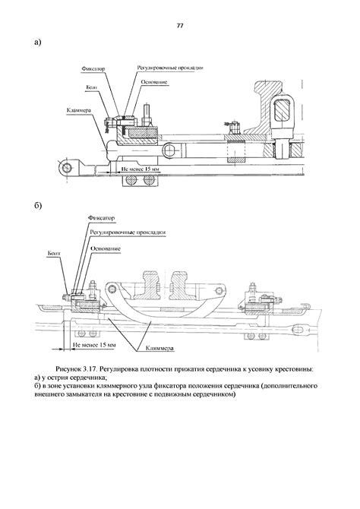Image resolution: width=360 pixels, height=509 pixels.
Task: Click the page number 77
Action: coord(180,26)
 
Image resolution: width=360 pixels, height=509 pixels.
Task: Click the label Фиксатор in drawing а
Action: coord(93,69)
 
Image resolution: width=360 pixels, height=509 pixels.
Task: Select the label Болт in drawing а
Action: coord(92,87)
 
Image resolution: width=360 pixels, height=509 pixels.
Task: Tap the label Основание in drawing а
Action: coord(154,82)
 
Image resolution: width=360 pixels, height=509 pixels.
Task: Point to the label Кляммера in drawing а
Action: coord(78,110)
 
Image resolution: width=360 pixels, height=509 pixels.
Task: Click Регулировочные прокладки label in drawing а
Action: coord(170,68)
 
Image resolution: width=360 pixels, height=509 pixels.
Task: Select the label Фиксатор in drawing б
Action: coord(101,218)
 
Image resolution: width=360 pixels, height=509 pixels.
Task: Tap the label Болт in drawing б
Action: coord(54,253)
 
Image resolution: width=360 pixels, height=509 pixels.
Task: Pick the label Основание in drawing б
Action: coord(106,248)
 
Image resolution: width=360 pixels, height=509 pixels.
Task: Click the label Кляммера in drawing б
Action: coord(159,348)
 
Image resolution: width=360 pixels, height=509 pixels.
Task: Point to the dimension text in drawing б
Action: coord(94,345)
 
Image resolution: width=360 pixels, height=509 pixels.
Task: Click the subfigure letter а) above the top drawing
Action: coord(38,43)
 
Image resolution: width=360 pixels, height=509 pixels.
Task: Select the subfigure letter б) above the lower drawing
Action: coord(38,206)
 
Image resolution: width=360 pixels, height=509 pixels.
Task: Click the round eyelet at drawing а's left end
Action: coord(67,168)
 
